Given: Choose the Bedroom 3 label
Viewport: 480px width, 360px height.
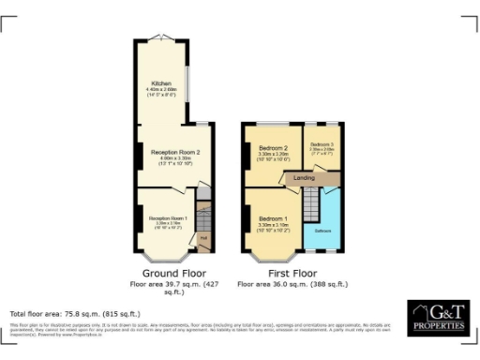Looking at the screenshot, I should (x=322, y=146).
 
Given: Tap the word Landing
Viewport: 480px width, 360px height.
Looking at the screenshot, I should (x=303, y=177).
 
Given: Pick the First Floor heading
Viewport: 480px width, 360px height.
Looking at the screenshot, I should (x=292, y=273).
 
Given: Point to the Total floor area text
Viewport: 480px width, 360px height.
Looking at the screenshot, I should (x=74, y=312).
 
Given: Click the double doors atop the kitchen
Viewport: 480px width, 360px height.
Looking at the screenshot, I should (x=162, y=37).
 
